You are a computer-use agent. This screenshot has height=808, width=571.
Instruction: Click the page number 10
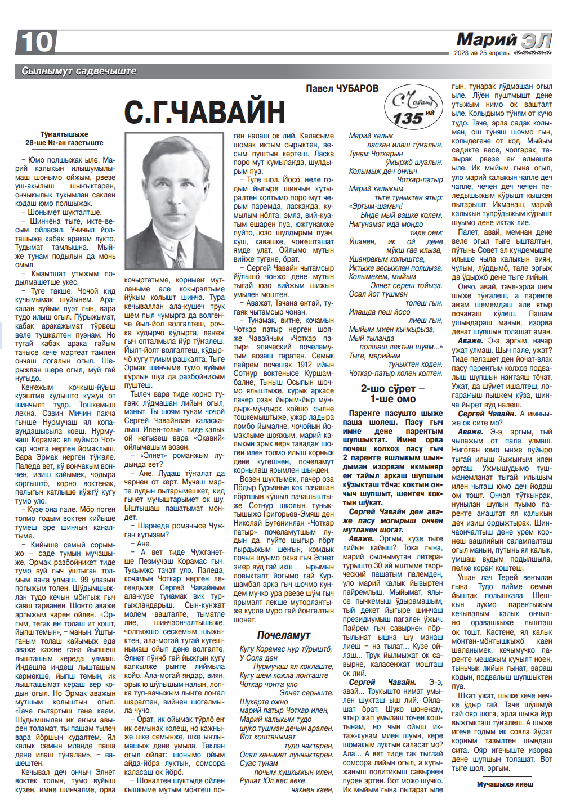click(37, 42)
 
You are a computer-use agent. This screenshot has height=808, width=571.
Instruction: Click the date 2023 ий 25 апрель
click(481, 53)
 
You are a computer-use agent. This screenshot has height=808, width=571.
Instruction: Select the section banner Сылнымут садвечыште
click(79, 71)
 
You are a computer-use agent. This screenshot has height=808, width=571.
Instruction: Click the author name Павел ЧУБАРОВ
click(342, 88)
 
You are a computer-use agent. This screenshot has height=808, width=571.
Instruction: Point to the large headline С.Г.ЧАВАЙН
click(204, 112)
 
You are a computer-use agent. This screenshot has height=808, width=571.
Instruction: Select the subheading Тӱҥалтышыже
click(64, 134)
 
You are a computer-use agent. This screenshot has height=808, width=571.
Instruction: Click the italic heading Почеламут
click(283, 635)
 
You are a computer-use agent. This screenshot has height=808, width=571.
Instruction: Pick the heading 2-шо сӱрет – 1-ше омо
click(392, 394)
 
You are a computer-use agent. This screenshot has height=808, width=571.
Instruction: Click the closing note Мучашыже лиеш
click(505, 784)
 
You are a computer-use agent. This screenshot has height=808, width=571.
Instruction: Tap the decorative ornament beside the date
click(533, 53)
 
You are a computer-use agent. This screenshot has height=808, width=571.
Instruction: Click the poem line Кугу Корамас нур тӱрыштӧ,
click(285, 649)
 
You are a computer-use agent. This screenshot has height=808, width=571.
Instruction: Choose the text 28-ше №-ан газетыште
click(64, 143)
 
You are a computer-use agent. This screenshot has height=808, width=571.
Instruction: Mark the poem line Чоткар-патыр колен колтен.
click(395, 373)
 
